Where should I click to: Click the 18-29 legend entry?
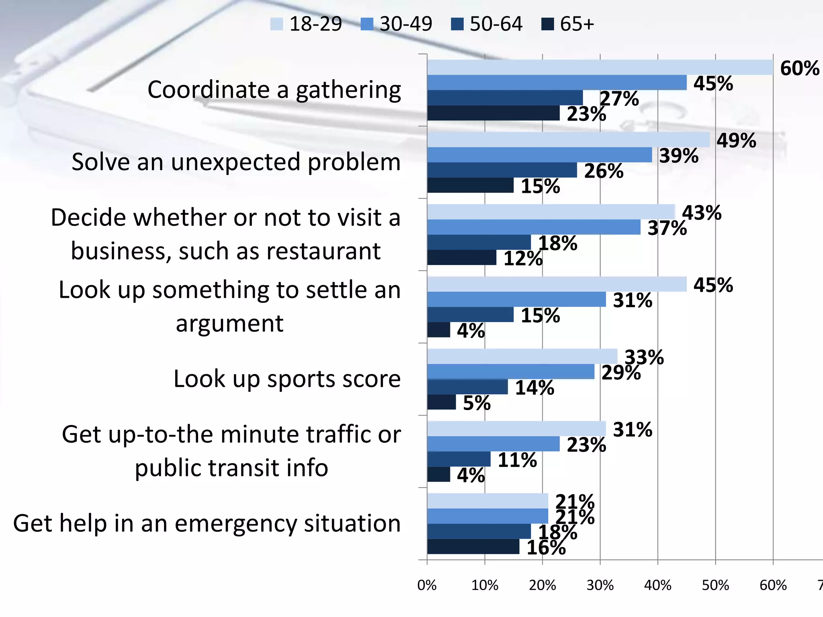pos(306,24)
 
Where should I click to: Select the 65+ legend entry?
pos(567,24)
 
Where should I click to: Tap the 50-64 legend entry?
pos(487,24)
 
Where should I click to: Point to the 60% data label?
pos(799,68)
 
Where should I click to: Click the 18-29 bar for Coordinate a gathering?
pos(600,67)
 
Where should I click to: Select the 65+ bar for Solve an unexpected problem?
pos(470,186)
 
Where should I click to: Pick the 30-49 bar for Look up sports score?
pos(510,372)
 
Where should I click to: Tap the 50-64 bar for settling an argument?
pos(470,315)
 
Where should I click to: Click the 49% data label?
pos(736,141)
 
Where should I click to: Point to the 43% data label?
pos(702,213)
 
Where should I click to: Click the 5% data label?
pos(477,403)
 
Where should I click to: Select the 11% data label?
pos(517,460)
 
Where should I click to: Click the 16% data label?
pos(546,548)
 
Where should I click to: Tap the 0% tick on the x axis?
pos(427,585)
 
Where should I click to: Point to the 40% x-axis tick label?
pos(657,585)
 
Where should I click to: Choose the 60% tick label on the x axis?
pos(773,585)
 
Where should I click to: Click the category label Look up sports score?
pos(287,379)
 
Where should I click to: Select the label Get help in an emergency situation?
pos(207,523)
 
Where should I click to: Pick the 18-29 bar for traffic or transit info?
pos(516,429)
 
